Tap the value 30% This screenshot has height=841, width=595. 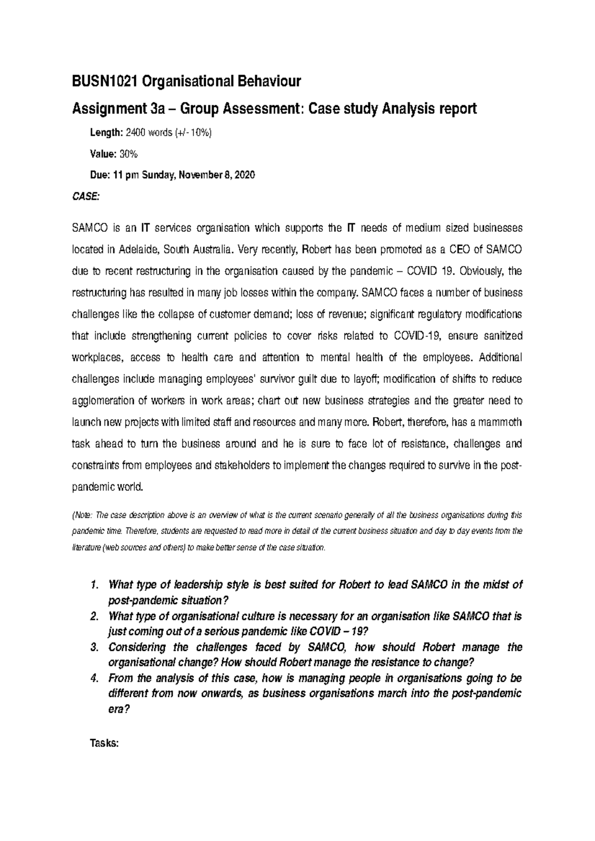point(128,154)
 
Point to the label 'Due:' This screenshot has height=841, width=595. point(100,175)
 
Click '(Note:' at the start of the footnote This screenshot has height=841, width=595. point(81,515)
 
